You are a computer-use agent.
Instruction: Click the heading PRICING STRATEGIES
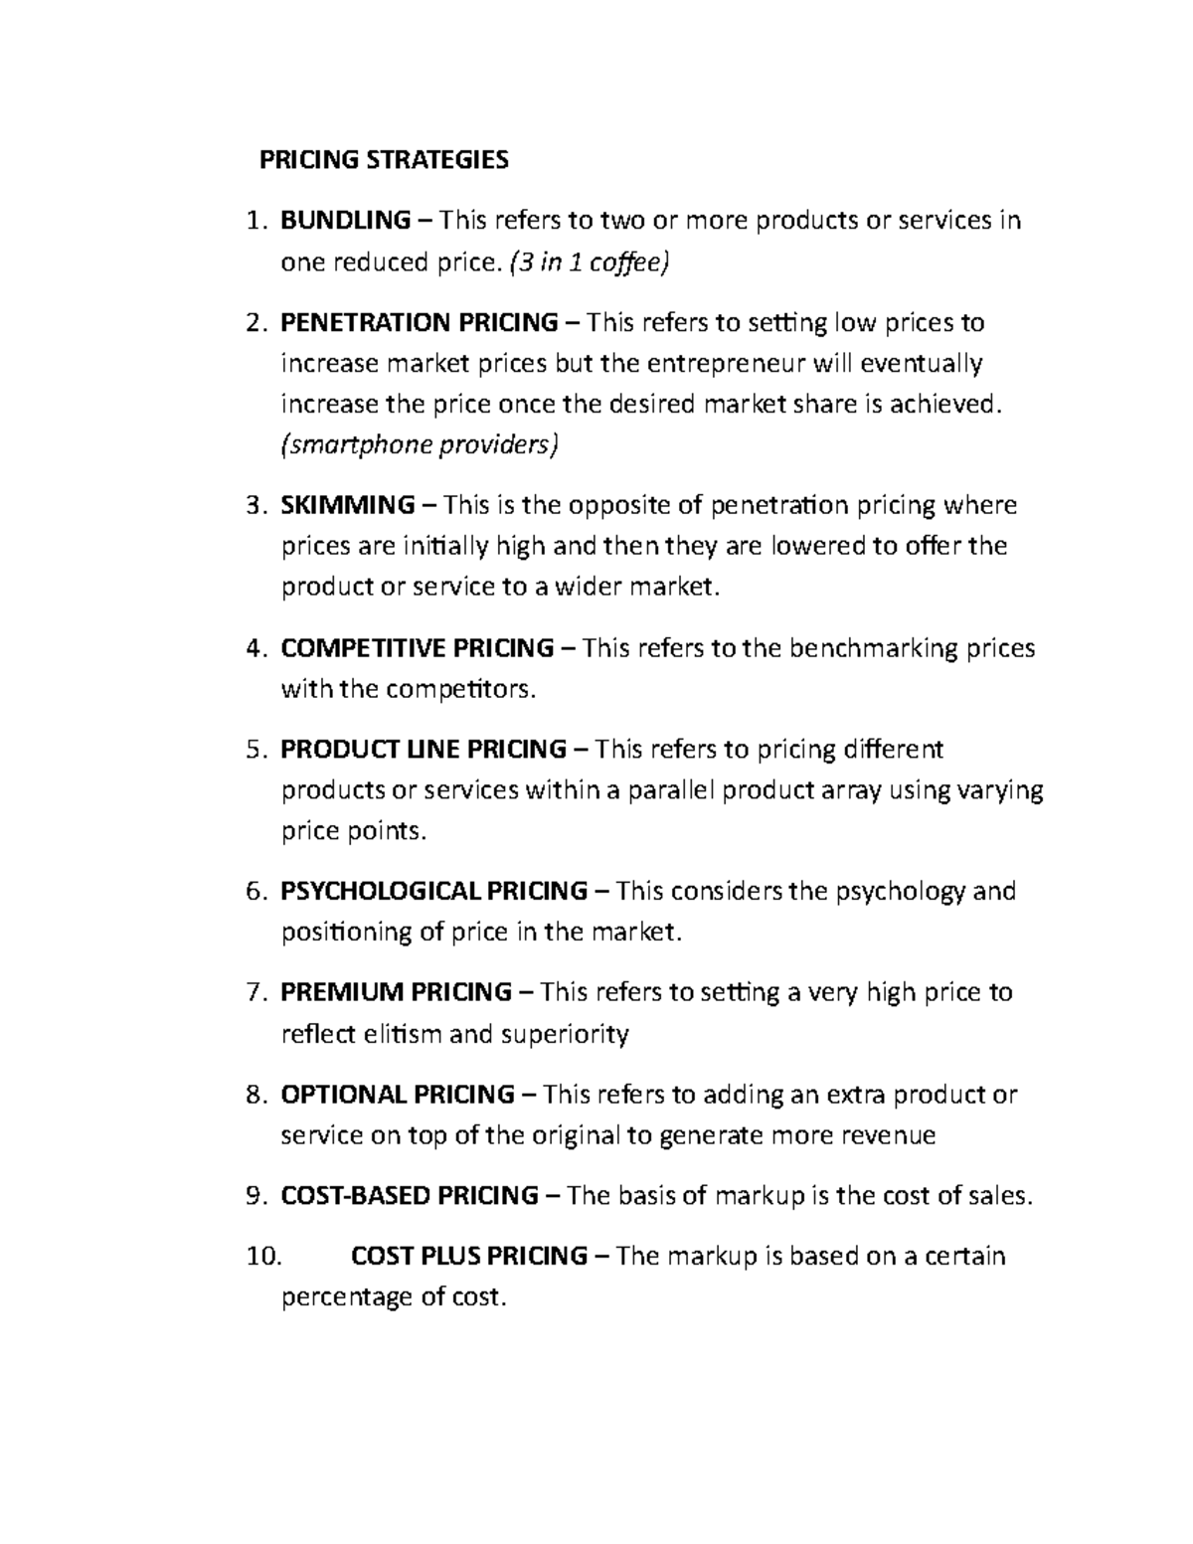coord(384,160)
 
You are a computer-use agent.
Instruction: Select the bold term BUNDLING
coord(345,220)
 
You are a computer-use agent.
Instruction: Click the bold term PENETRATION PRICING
coord(419,323)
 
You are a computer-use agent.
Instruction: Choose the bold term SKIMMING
coord(348,505)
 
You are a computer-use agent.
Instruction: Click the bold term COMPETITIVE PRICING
coord(418,648)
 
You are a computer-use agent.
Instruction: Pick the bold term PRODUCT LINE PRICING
coord(423,749)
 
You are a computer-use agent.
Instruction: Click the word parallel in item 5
coord(669,790)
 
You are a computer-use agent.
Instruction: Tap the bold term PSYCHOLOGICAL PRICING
coord(433,891)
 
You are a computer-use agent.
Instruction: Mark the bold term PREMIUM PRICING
coord(396,992)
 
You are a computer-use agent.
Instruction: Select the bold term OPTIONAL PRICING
coord(397,1095)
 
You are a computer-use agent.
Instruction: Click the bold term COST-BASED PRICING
coord(410,1195)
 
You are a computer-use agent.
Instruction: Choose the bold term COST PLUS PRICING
coord(469,1256)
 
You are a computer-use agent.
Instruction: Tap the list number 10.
coord(263,1256)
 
